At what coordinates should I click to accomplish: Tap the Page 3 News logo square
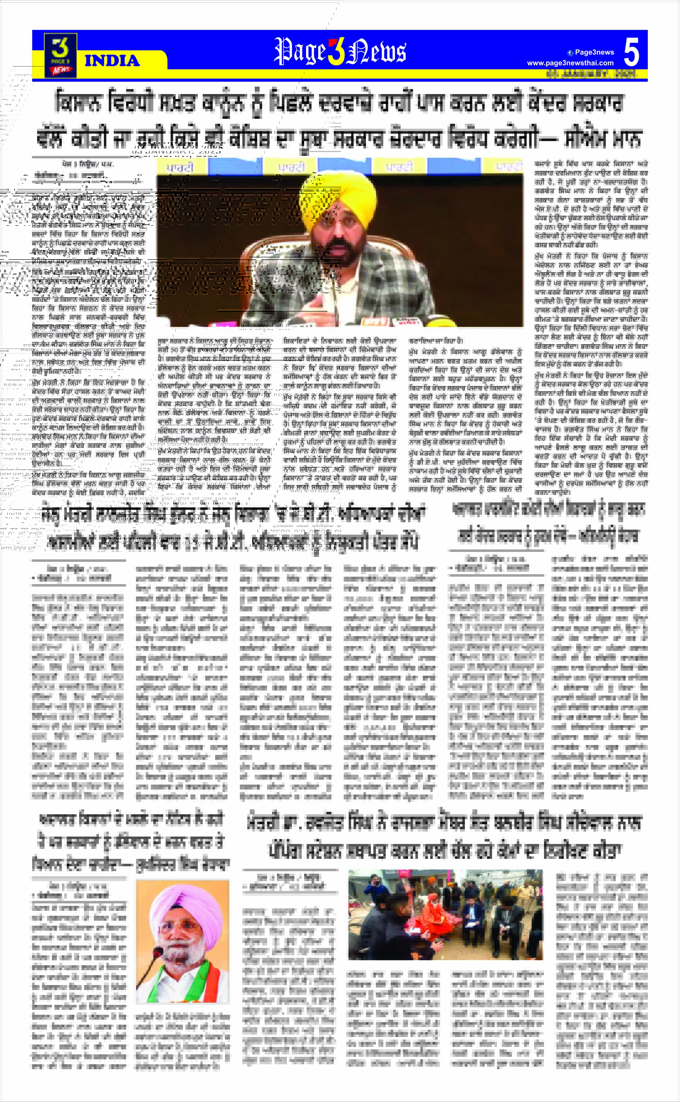click(x=60, y=55)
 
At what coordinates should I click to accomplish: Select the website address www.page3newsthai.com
click(x=570, y=63)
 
